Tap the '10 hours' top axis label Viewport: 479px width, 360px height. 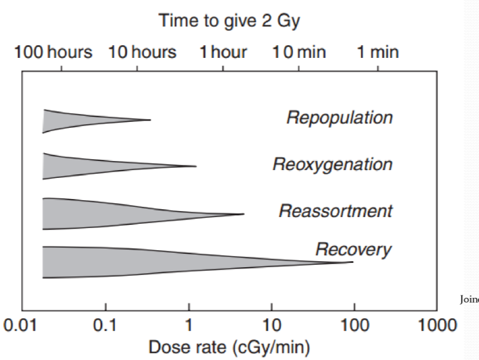(x=142, y=52)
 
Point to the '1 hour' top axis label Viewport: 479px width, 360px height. (x=224, y=52)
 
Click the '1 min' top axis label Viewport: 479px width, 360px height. (x=377, y=52)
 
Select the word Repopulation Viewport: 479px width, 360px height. (x=339, y=117)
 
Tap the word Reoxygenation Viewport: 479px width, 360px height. (x=332, y=164)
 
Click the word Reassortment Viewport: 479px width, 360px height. (x=335, y=211)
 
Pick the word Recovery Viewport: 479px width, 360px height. (x=354, y=249)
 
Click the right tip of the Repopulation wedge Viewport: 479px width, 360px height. (x=150, y=120)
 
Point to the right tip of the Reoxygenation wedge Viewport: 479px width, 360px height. (x=196, y=166)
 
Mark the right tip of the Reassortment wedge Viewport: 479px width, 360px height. (x=244, y=213)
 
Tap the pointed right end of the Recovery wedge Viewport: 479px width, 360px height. (x=352, y=262)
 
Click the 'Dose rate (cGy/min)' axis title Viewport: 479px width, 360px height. (x=230, y=348)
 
